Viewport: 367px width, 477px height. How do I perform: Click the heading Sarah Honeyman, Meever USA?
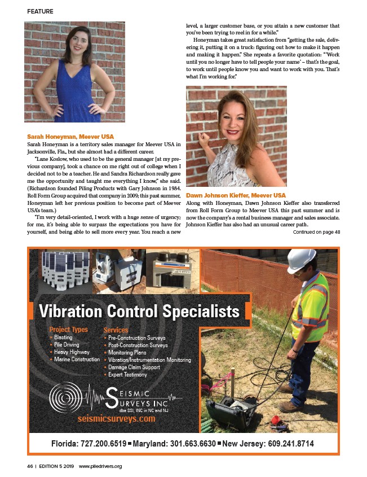coord(70,137)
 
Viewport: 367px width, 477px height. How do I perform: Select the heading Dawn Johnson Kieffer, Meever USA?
coord(228,195)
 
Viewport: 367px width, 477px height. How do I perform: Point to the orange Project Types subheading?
coord(69,330)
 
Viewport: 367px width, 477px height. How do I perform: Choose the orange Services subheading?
coord(116,330)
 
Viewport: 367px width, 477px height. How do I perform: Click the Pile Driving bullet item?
coord(67,344)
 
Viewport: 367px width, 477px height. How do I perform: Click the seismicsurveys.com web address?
coord(116,419)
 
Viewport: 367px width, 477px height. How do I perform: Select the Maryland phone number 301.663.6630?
coord(185,443)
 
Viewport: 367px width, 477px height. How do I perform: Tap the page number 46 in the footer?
coord(30,466)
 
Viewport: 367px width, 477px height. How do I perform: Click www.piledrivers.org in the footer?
coord(100,466)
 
